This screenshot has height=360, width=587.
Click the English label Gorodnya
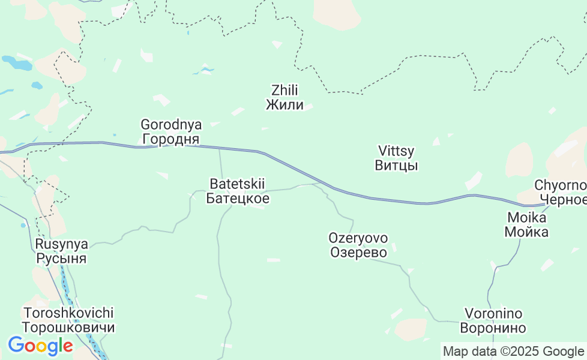171,125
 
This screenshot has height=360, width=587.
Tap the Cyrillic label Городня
171,140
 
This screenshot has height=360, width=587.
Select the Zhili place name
284,91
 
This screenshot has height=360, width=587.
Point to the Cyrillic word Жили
284,106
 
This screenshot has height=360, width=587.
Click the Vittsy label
396,151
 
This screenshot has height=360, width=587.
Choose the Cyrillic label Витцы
396,166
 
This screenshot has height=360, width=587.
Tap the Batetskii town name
237,184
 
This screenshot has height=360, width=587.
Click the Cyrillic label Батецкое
237,198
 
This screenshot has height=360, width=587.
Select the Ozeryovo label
358,238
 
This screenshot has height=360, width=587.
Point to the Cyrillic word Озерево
358,252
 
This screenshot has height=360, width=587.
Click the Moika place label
526,217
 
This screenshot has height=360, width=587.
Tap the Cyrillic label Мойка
526,232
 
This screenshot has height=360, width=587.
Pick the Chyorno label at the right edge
560,185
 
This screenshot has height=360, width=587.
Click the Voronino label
493,313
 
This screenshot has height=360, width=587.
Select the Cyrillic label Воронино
493,328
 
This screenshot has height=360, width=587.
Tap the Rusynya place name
61,244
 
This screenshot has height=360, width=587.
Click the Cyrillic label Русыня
61,259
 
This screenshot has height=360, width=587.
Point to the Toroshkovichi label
68,313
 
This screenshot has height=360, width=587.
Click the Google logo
40,346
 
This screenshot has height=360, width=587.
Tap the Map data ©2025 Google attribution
513,351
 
